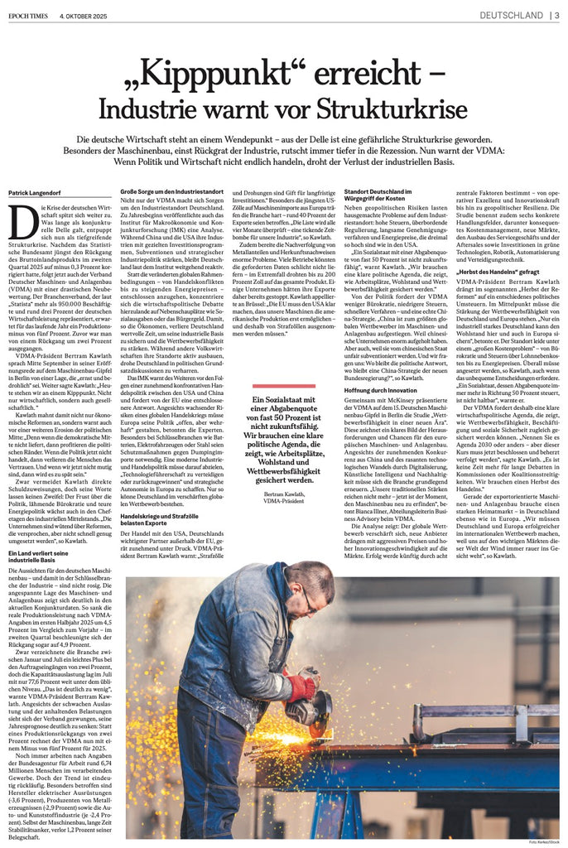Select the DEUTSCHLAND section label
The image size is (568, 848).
coord(510,14)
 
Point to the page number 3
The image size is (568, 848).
coord(556,14)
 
